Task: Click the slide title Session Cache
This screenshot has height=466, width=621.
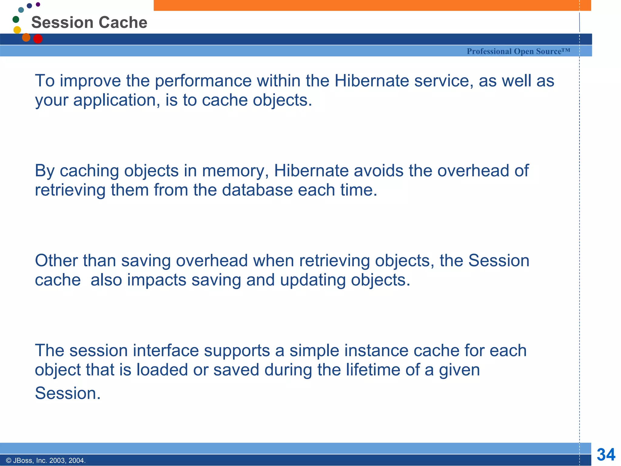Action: point(89,22)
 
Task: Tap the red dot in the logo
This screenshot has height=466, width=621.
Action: point(38,39)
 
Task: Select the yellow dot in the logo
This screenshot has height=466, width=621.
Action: point(17,30)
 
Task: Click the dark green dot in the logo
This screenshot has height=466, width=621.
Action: point(16,19)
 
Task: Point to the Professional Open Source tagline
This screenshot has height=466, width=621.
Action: point(518,51)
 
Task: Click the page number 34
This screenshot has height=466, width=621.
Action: point(606,454)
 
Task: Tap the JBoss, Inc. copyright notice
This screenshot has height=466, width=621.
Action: point(46,461)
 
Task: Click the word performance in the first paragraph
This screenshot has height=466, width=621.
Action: point(203,81)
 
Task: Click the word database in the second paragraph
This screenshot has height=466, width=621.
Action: point(257,190)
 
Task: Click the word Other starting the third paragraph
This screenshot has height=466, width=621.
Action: point(56,261)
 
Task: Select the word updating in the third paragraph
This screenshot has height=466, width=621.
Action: point(313,280)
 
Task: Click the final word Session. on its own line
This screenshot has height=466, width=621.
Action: point(68,393)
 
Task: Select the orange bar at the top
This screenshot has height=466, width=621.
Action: point(372,5)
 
